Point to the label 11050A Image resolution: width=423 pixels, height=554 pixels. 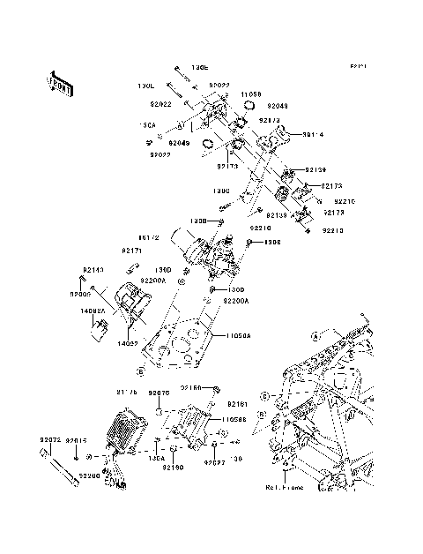pyautogui.click(x=237, y=336)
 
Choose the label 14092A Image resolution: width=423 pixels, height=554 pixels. pyautogui.click(x=94, y=311)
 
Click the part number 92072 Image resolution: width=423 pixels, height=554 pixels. pyautogui.click(x=52, y=438)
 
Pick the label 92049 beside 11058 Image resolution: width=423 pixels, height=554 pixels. pyautogui.click(x=278, y=104)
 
